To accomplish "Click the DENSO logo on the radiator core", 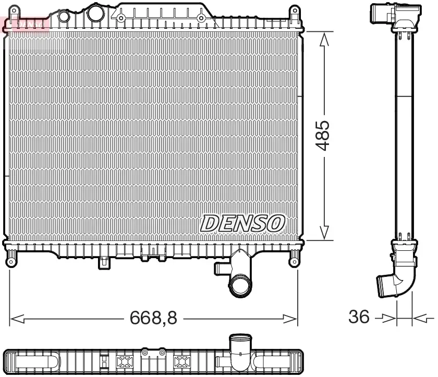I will pyautogui.click(x=242, y=223).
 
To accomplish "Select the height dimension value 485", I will pyautogui.click(x=324, y=136).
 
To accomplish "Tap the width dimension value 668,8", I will pyautogui.click(x=154, y=318).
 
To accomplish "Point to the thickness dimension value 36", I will pyautogui.click(x=359, y=317).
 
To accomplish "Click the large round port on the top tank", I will pyautogui.click(x=95, y=11).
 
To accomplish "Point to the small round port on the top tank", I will pyautogui.click(x=64, y=16).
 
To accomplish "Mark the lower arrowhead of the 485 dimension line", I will pyautogui.click(x=324, y=233).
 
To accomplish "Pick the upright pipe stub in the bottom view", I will pyautogui.click(x=240, y=345).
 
